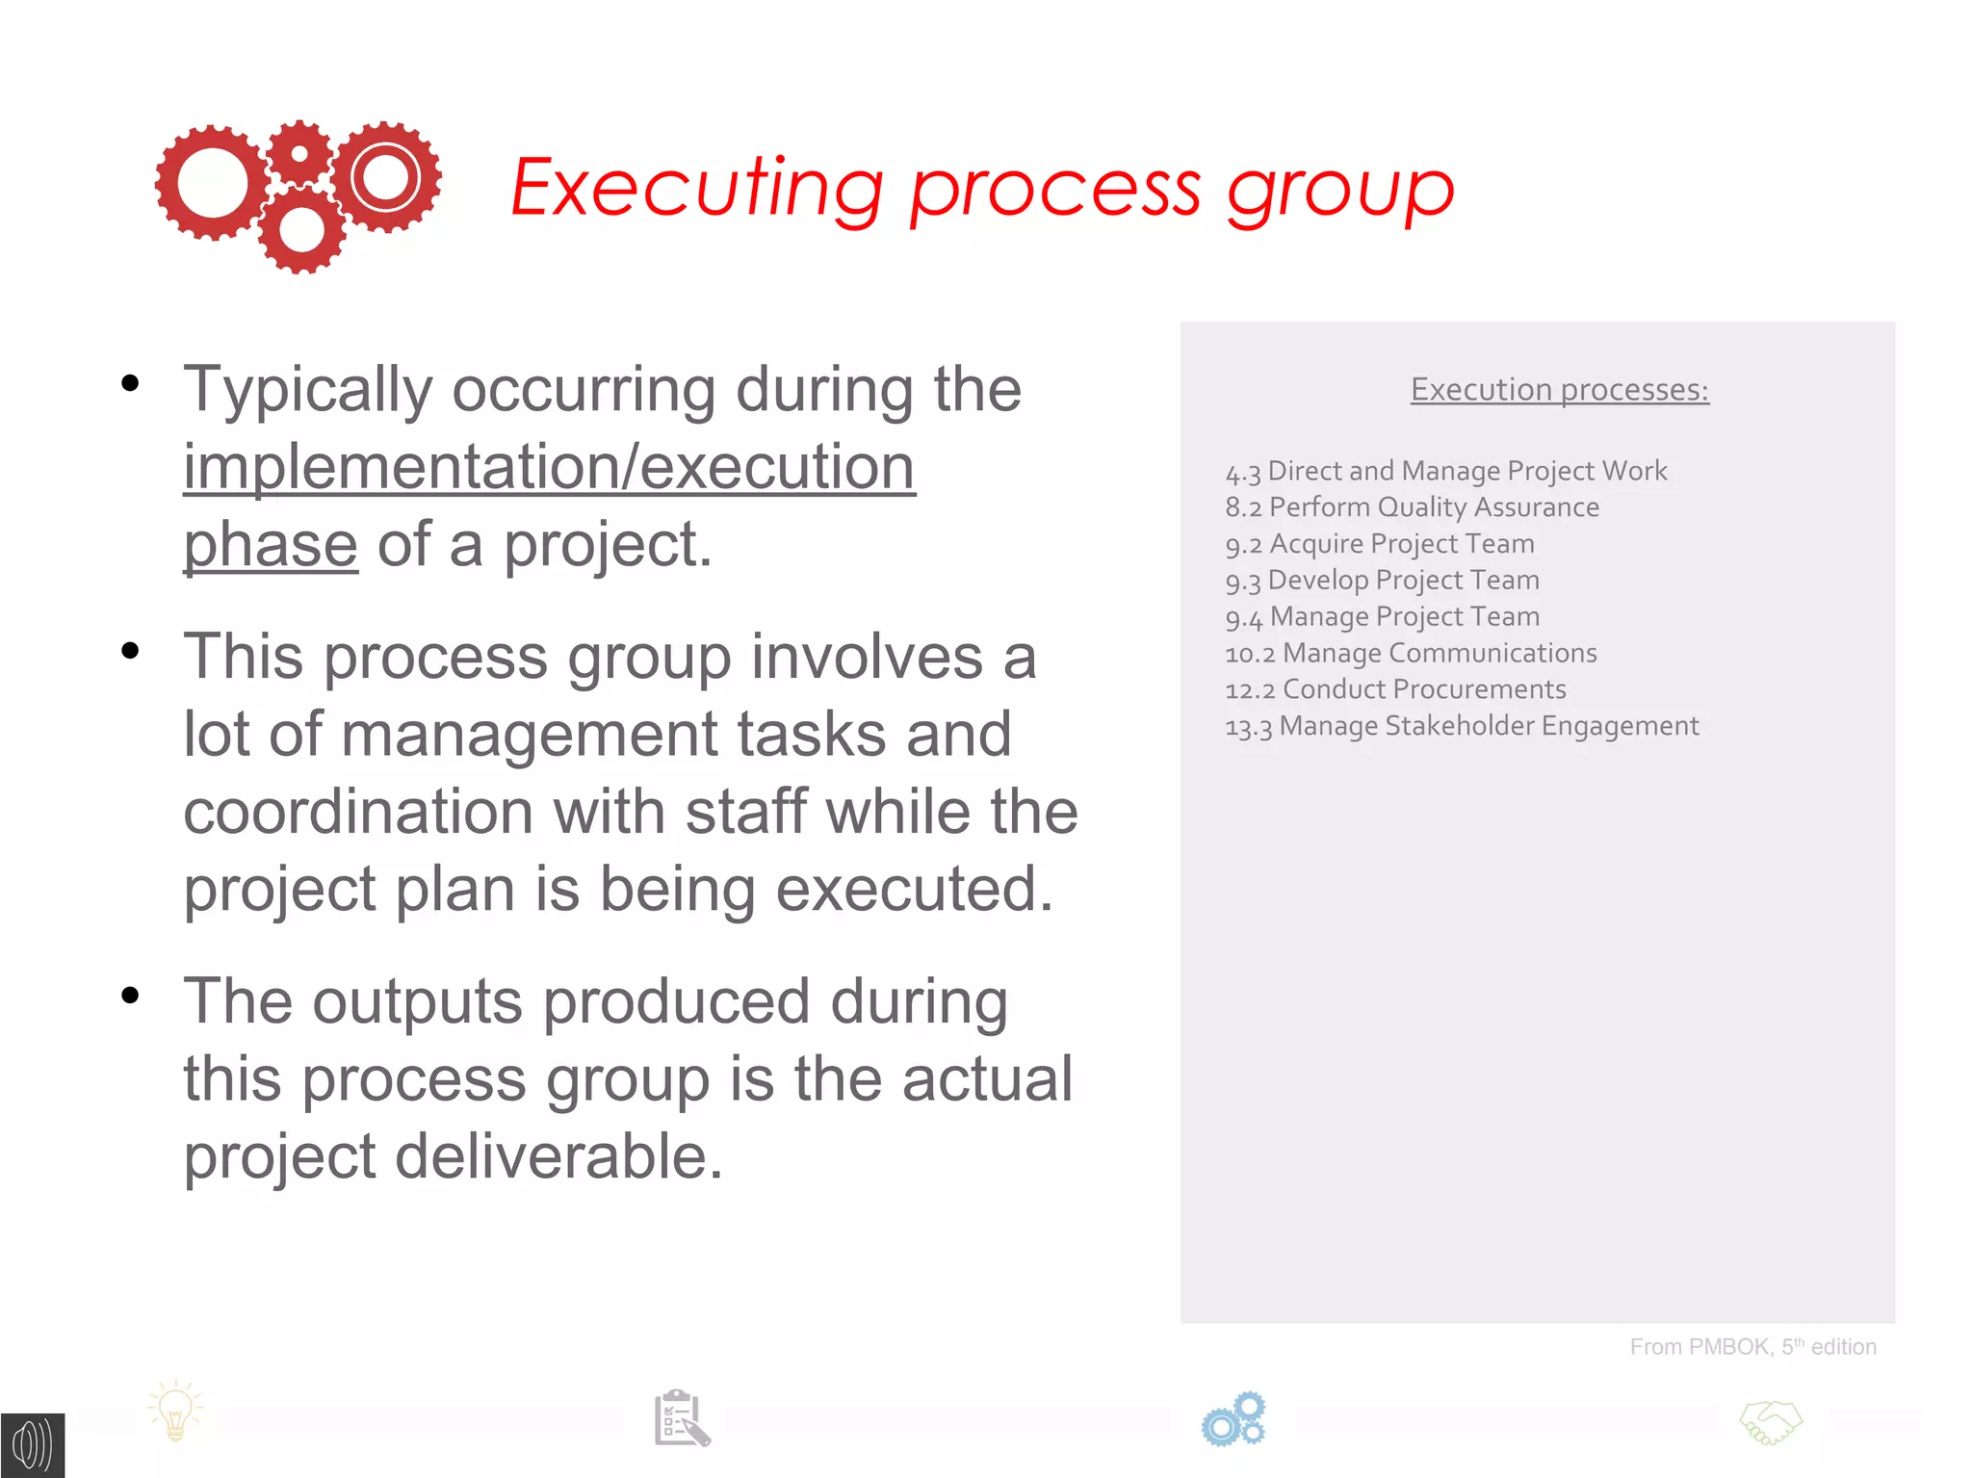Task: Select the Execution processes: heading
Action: [x=1559, y=390]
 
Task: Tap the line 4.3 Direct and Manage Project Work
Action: [x=1445, y=471]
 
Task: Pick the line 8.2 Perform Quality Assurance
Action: [x=1412, y=507]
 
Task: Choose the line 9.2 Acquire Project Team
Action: [x=1379, y=544]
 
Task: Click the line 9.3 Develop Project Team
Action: [x=1382, y=581]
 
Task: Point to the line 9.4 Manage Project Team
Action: [x=1382, y=617]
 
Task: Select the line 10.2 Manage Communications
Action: [x=1411, y=654]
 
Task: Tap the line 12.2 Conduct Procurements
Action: [x=1395, y=689]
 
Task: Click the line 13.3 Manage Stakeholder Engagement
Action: [x=1462, y=726]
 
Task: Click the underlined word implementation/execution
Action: [x=549, y=468]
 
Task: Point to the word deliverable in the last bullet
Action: [x=558, y=1156]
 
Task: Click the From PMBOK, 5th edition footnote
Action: [x=1752, y=1347]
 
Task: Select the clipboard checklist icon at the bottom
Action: [x=682, y=1418]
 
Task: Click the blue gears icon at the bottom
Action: [x=1233, y=1419]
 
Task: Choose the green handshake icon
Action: [x=1771, y=1422]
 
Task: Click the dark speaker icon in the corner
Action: [x=32, y=1445]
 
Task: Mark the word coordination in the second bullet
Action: [x=357, y=812]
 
